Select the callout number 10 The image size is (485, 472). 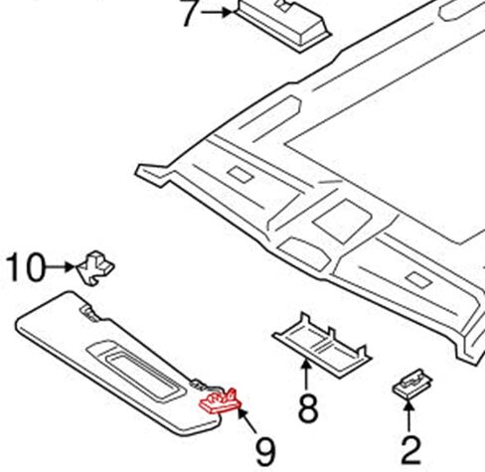(25, 267)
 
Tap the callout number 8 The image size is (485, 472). (308, 408)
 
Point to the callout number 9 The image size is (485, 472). (265, 451)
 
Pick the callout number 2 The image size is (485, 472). (410, 450)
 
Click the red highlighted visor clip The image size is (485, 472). (221, 401)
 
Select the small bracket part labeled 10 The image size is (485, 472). (95, 268)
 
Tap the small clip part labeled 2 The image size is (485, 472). (411, 384)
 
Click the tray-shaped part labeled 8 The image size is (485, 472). (322, 345)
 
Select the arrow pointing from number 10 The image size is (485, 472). (60, 266)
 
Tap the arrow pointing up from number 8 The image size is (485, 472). (306, 375)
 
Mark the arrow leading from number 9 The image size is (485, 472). (246, 420)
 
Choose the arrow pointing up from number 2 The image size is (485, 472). (409, 415)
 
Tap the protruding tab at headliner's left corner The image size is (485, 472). (153, 174)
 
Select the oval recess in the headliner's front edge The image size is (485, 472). (303, 252)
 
